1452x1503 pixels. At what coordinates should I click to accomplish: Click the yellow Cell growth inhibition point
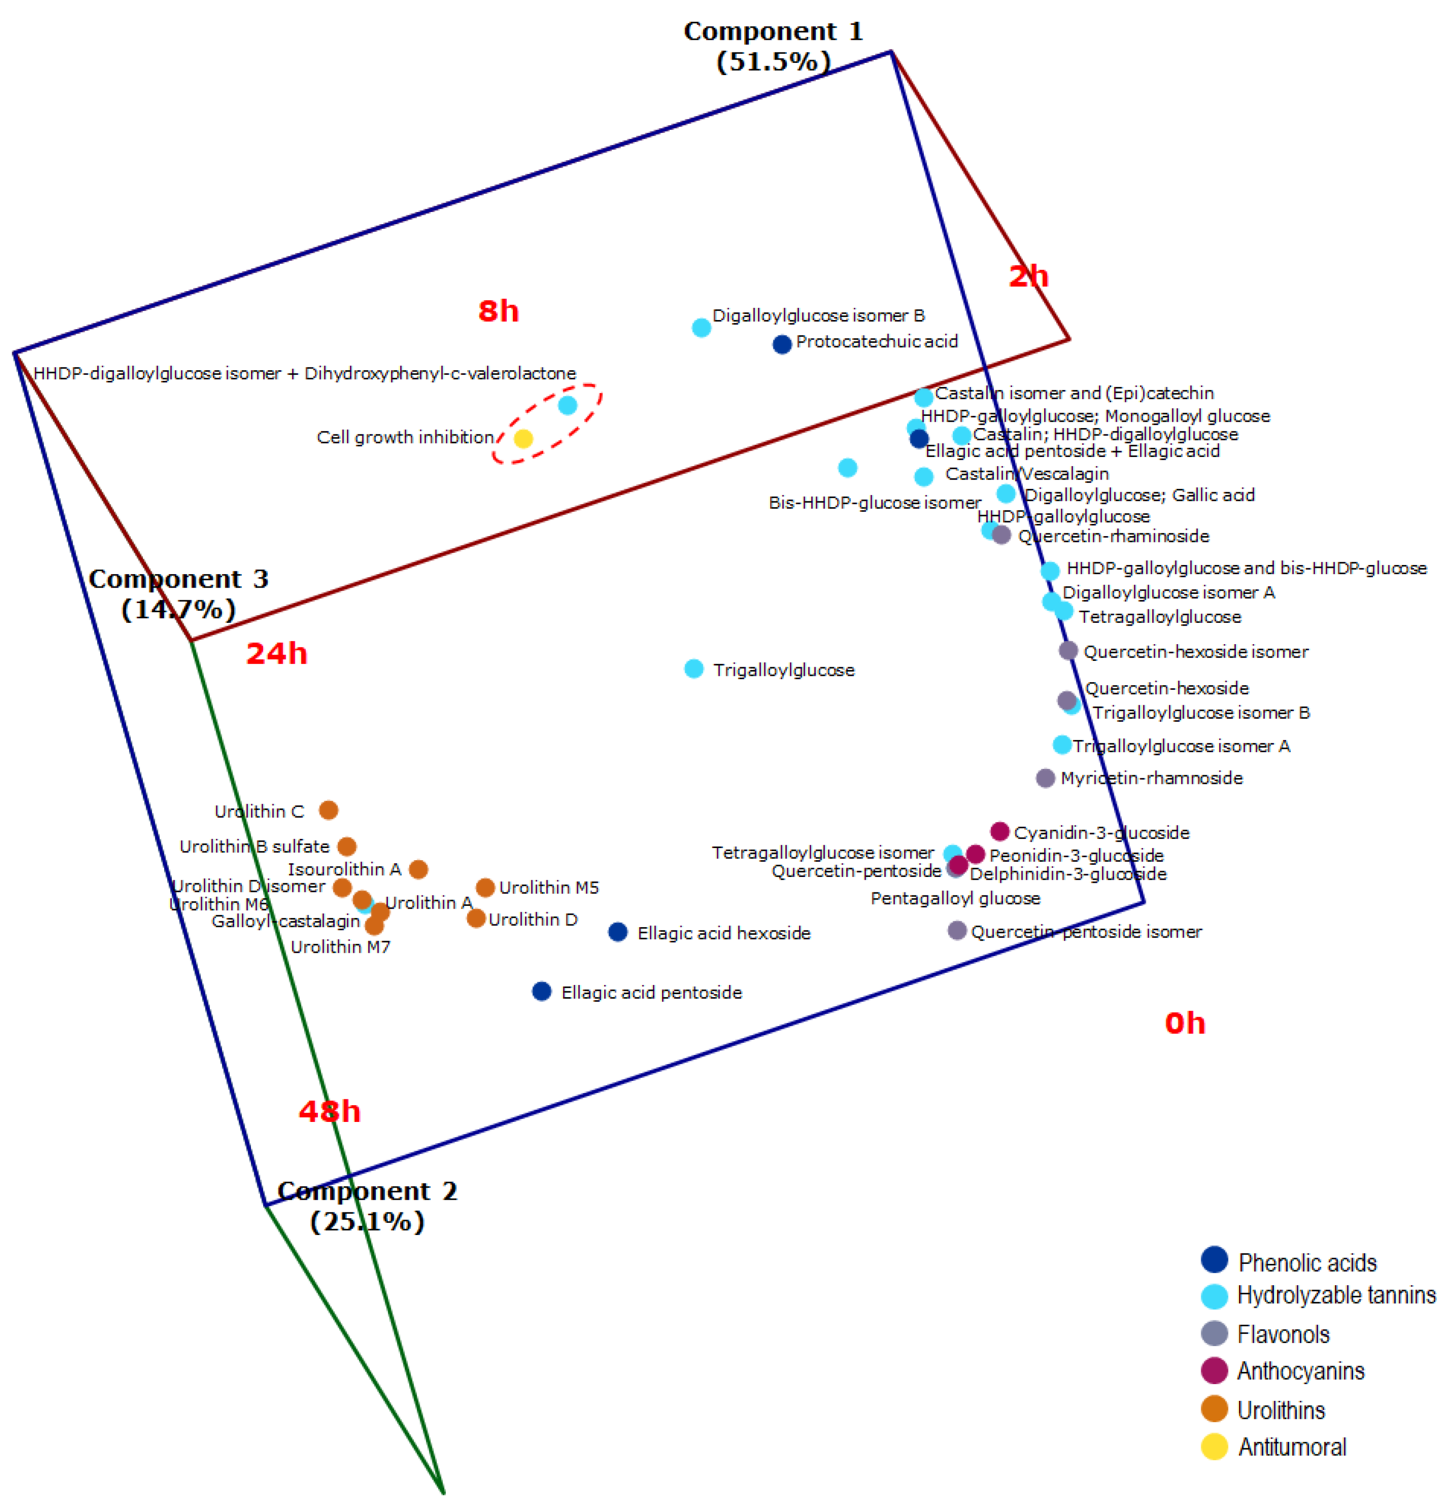[x=523, y=438]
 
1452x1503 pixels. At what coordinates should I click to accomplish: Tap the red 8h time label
[x=499, y=311]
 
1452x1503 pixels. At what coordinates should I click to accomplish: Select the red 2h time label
[x=1028, y=276]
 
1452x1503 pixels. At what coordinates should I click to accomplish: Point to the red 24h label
[x=276, y=653]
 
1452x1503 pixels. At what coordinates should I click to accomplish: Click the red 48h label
[x=330, y=1111]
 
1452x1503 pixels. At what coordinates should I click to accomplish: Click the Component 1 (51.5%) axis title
[x=773, y=46]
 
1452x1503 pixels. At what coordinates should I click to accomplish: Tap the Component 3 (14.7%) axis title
[x=178, y=594]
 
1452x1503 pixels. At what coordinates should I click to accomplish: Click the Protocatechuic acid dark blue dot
[x=781, y=344]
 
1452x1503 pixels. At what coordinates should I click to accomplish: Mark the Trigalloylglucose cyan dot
[x=693, y=669]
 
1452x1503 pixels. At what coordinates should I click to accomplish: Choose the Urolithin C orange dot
[x=328, y=810]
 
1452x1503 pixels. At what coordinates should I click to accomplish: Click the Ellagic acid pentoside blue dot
[x=542, y=991]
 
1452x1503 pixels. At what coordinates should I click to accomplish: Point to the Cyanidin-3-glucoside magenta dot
[x=999, y=831]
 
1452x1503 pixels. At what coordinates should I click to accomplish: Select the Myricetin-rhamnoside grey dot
[x=1045, y=778]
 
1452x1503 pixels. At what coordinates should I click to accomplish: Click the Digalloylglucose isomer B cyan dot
[x=701, y=327]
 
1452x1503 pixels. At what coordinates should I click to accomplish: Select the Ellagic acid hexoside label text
[x=724, y=933]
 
